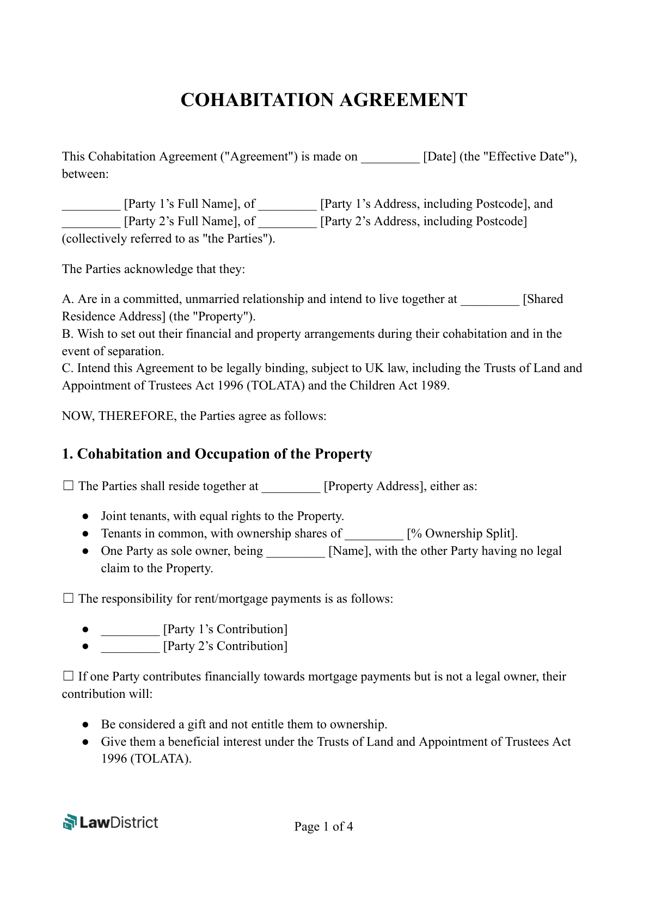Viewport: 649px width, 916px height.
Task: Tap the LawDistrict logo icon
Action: (x=70, y=822)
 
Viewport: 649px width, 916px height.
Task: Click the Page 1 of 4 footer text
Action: (x=323, y=827)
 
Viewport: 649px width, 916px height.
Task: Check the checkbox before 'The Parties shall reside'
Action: (x=68, y=486)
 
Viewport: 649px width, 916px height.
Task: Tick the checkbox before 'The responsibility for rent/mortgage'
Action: (x=68, y=598)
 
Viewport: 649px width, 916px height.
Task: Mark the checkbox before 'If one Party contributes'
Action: (x=68, y=676)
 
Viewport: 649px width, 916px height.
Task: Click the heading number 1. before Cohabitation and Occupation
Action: (x=67, y=454)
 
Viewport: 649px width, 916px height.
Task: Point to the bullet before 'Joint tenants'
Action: (x=85, y=516)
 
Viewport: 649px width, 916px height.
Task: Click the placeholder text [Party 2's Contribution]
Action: (x=225, y=646)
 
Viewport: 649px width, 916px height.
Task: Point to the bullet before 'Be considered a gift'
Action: (x=85, y=725)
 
